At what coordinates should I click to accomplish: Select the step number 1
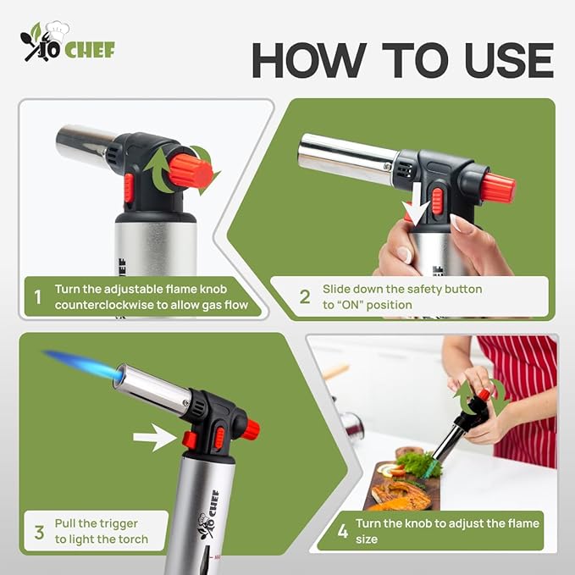click(x=36, y=297)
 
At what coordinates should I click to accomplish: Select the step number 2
click(x=305, y=296)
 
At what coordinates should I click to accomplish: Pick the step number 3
click(x=39, y=532)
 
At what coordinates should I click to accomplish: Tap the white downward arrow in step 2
click(x=413, y=208)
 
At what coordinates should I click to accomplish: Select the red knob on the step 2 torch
click(x=498, y=188)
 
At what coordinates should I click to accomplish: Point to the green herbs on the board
click(x=414, y=464)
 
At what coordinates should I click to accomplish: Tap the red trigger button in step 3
click(x=190, y=440)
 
